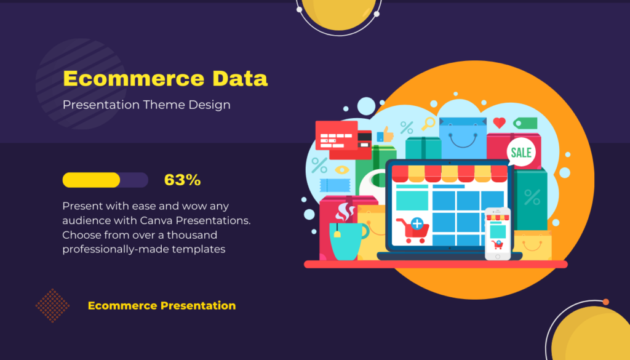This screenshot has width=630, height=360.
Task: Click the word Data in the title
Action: (239, 78)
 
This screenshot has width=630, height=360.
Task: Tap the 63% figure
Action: (182, 180)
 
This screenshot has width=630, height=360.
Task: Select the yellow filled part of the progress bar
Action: (91, 180)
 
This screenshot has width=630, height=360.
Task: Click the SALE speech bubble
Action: (521, 152)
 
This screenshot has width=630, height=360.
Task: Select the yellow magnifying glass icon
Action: (428, 123)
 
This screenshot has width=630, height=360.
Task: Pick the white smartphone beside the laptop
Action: (497, 234)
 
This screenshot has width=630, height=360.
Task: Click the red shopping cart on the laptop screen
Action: (413, 230)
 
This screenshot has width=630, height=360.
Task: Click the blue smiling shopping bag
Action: (463, 138)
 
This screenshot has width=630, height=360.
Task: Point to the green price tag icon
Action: (525, 123)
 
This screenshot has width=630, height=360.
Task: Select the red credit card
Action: (337, 135)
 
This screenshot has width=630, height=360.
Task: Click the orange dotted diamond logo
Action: (53, 305)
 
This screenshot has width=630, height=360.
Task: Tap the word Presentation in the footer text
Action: (198, 305)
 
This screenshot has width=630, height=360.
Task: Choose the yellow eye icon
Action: (342, 170)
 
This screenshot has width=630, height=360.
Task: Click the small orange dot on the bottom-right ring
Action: (606, 302)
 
